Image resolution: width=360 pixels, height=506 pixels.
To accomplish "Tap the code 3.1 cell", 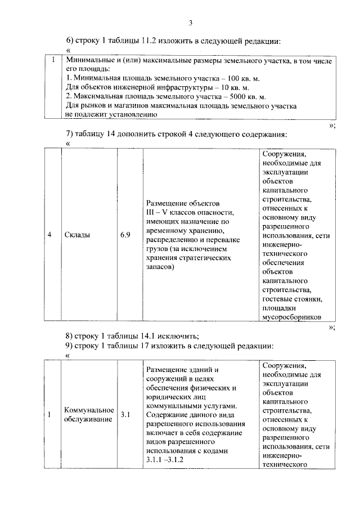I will pos(125,415).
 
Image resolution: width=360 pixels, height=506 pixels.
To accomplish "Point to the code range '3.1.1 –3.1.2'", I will pos(165,460).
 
